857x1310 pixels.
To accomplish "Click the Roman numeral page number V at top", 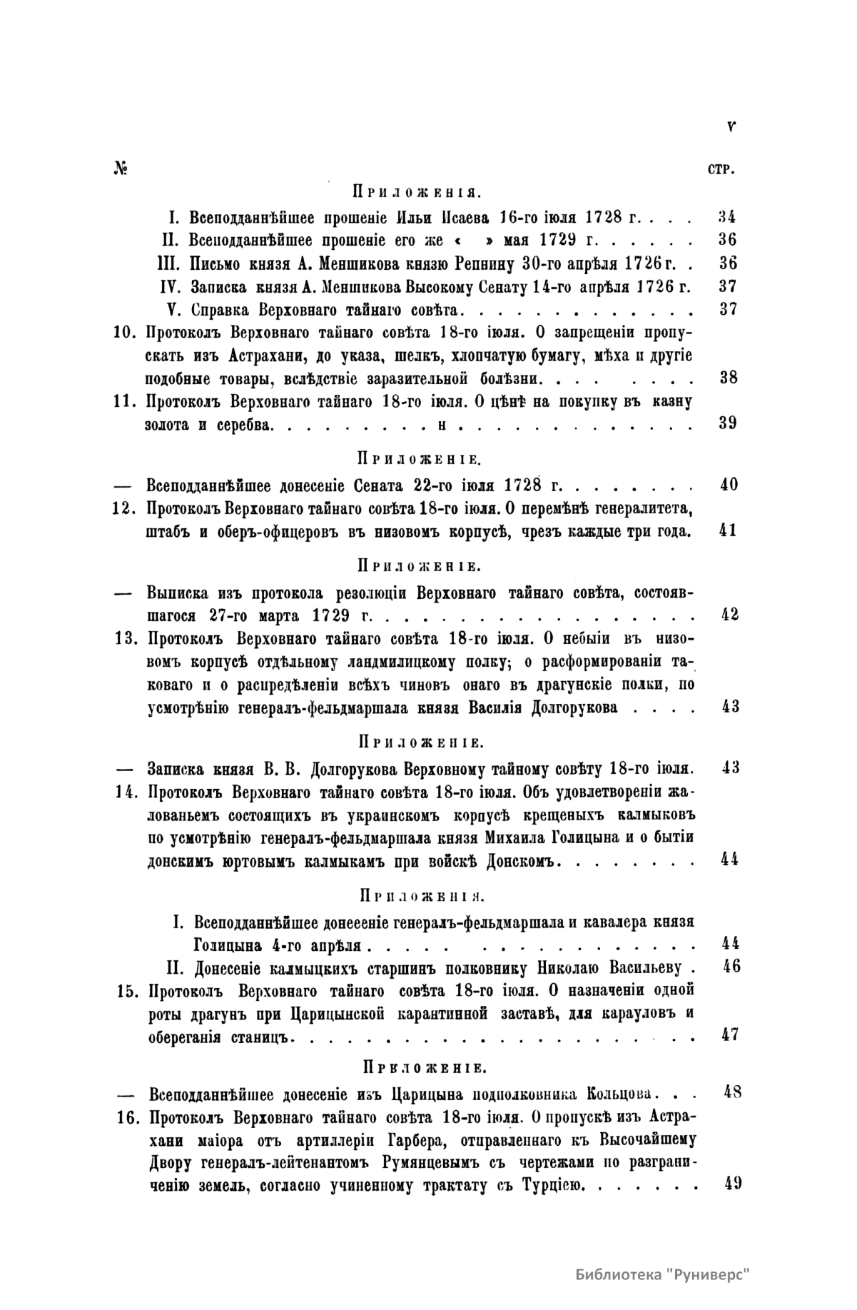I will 731,127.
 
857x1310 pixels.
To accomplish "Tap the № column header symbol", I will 119,169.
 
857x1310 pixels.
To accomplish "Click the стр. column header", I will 724,171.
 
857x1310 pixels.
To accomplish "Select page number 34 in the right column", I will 727,216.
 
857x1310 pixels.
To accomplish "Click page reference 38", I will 728,378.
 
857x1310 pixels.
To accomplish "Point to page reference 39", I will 728,423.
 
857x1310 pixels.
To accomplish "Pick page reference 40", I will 728,485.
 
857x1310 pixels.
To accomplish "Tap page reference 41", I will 728,531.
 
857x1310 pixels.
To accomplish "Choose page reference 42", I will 729,615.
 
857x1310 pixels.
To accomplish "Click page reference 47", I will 729,1034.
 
